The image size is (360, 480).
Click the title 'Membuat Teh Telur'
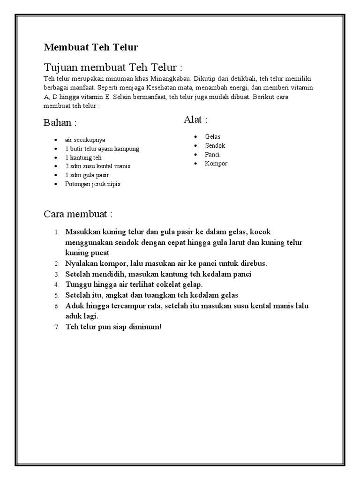click(x=91, y=47)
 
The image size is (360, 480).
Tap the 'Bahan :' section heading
click(x=60, y=123)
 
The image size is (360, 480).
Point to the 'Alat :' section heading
click(x=195, y=120)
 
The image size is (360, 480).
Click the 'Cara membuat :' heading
click(x=78, y=214)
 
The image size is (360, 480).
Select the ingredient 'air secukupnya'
click(x=85, y=140)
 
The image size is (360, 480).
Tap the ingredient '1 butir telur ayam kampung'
click(x=102, y=149)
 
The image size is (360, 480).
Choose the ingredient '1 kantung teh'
click(x=83, y=157)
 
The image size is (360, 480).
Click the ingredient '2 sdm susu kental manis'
click(x=98, y=166)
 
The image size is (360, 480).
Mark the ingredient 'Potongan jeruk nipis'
click(x=93, y=184)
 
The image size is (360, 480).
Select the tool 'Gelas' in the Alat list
click(x=212, y=136)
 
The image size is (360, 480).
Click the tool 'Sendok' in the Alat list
click(x=215, y=145)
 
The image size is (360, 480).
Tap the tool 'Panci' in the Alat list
click(x=212, y=154)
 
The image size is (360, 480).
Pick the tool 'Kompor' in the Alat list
click(x=216, y=163)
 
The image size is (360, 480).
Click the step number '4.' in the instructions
click(x=56, y=285)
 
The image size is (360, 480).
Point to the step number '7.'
click(x=56, y=327)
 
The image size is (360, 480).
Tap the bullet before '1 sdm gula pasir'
click(x=56, y=175)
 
